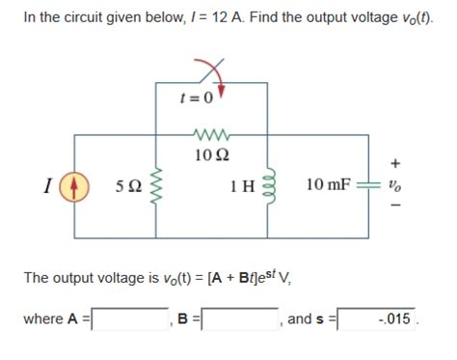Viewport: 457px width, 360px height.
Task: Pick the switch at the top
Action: (x=211, y=73)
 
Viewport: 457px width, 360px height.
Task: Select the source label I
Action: (x=49, y=185)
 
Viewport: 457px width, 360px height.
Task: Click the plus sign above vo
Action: (x=394, y=164)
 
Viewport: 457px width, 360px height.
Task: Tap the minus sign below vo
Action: (x=394, y=207)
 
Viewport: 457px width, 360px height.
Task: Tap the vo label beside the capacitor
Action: (x=394, y=185)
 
